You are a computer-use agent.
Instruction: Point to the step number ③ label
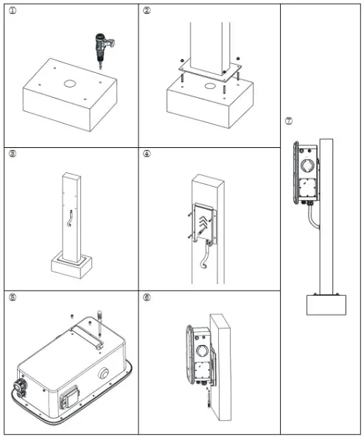coord(12,154)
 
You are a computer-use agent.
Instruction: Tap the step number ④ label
coord(147,154)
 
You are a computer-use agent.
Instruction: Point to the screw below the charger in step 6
coord(209,402)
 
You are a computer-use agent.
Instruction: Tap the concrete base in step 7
coord(326,304)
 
